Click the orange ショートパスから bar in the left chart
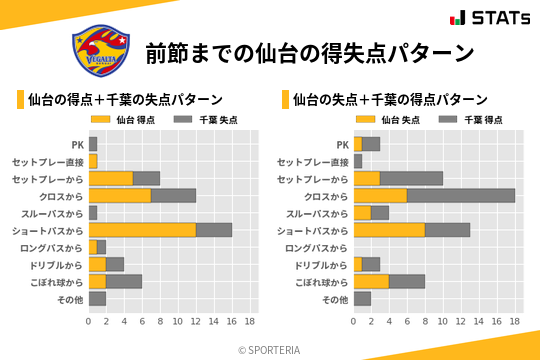coord(142,230)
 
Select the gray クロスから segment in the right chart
coord(461,195)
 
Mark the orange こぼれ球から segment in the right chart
coord(371,281)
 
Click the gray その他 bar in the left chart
coord(97,298)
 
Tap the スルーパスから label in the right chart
coord(318,213)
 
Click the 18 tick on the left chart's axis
coord(250,322)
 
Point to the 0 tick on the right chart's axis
coord(354,322)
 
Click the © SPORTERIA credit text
coord(269,349)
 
